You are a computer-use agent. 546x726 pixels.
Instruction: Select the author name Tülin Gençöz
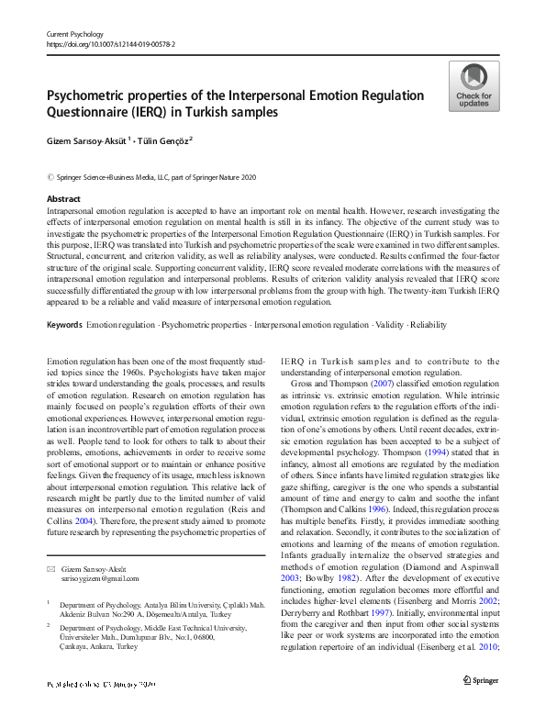[180, 140]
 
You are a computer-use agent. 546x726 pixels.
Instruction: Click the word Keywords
[64, 326]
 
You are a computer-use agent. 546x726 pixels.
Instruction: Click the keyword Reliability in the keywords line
[429, 326]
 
